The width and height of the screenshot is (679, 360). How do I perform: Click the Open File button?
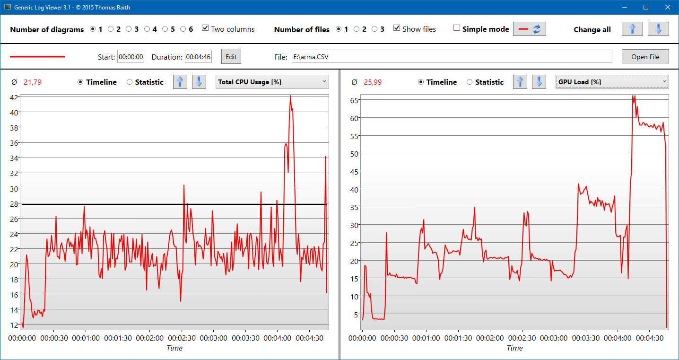(645, 57)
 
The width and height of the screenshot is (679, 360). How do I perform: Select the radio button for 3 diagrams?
(129, 29)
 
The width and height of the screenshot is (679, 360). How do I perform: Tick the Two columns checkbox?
(205, 28)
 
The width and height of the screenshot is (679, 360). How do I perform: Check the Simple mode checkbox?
(456, 28)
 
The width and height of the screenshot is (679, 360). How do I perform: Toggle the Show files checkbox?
(397, 28)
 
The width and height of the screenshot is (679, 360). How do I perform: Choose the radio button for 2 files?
(357, 29)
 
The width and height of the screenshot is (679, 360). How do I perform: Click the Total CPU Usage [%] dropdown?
(272, 82)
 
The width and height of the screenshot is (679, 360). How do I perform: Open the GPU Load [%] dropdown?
(612, 82)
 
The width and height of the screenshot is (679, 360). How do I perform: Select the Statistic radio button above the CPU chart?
(130, 82)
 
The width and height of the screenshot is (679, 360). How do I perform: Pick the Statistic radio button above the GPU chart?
(470, 82)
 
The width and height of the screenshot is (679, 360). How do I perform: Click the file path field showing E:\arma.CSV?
(452, 57)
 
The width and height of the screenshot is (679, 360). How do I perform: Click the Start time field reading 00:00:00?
(131, 57)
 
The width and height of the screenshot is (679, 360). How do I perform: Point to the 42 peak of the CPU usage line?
(290, 96)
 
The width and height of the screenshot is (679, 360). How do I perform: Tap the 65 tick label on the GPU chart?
(354, 100)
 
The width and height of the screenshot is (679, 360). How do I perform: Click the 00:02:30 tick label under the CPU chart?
(182, 338)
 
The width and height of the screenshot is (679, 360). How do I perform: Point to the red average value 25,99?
(373, 82)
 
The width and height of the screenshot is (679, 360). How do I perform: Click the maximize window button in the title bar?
(645, 7)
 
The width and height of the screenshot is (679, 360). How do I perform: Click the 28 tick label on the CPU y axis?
(14, 204)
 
